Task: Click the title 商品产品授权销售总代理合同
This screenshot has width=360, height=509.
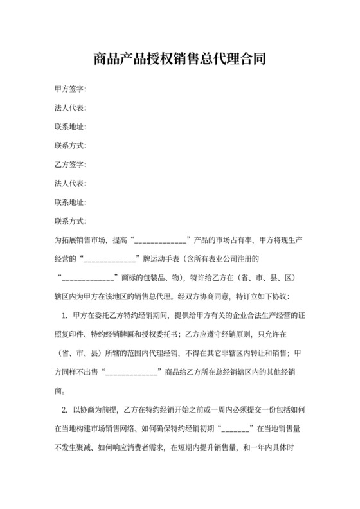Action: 179,60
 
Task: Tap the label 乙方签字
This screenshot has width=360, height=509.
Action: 70,165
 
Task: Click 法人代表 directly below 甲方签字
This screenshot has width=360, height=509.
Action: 70,108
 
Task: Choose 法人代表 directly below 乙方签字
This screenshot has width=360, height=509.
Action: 70,184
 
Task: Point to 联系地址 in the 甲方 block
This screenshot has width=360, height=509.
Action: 70,127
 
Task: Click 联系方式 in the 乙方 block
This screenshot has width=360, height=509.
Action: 70,222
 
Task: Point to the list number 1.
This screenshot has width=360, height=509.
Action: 65,316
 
